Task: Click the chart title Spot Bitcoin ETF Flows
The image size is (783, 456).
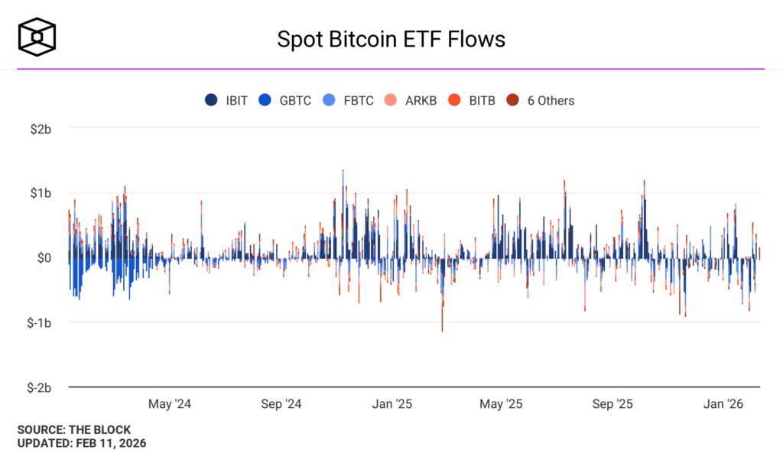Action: click(x=391, y=39)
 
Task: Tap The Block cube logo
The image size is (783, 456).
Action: click(x=37, y=37)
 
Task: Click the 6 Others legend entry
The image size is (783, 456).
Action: click(x=541, y=100)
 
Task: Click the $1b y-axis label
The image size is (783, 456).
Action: click(x=40, y=193)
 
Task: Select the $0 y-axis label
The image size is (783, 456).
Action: click(x=43, y=258)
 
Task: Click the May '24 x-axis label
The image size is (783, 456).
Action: click(x=170, y=404)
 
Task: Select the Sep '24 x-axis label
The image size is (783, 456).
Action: click(x=282, y=404)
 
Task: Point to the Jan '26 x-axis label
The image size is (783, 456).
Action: click(x=723, y=404)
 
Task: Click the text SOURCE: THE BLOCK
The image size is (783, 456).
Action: click(x=74, y=430)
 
